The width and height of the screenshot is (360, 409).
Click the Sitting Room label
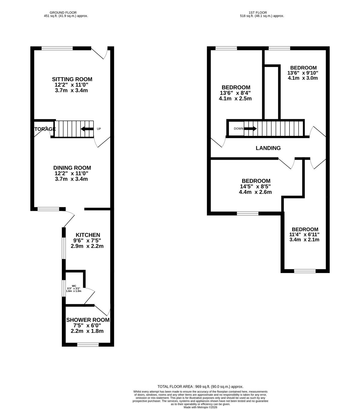[72, 79]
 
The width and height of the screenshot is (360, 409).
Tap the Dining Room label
[72, 168]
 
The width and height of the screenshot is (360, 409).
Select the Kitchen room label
[88, 235]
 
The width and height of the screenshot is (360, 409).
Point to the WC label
[74, 286]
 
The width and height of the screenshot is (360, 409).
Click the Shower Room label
[88, 320]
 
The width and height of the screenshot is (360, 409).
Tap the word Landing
[268, 148]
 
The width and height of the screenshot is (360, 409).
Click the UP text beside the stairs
[99, 129]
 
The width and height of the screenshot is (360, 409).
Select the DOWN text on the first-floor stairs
[239, 129]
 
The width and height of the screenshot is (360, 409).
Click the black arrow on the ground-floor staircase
[87, 129]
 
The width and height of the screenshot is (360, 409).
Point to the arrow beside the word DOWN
[250, 129]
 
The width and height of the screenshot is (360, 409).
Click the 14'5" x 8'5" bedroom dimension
[255, 186]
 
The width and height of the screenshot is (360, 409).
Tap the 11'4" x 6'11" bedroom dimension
[304, 235]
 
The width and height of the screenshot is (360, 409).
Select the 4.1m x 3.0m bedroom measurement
[303, 78]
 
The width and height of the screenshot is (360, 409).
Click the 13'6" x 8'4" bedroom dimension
[235, 93]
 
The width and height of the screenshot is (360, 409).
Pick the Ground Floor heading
[63, 13]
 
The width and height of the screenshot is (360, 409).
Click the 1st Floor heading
[258, 13]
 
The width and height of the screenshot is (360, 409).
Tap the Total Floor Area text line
[200, 387]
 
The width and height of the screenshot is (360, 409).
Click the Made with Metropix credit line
[200, 407]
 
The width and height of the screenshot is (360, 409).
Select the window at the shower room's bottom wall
[88, 344]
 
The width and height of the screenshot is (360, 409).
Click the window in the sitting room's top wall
[57, 48]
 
